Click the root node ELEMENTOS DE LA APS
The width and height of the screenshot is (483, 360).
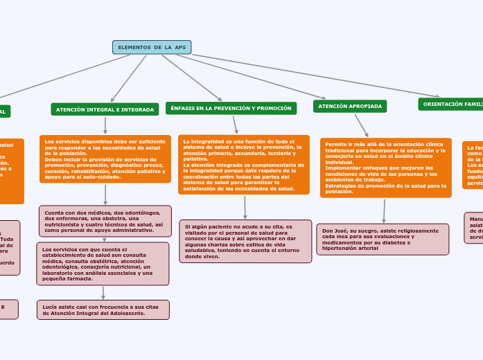click(152, 47)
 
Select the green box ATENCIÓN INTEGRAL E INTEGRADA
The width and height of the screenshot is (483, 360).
click(105, 109)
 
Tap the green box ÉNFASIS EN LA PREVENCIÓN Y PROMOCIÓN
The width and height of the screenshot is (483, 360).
click(231, 108)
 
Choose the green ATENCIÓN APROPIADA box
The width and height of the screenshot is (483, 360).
click(350, 106)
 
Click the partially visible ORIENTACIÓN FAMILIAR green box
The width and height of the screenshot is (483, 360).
click(451, 104)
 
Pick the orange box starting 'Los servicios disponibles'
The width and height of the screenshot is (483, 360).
click(105, 159)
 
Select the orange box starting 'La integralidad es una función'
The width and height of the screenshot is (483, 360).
click(243, 165)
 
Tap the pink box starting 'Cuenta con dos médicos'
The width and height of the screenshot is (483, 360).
click(105, 221)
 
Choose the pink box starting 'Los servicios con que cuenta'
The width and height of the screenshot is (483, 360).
click(103, 263)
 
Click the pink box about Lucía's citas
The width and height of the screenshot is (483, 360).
click(103, 309)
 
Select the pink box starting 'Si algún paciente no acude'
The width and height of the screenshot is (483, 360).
click(245, 241)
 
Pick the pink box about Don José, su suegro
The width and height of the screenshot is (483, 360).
click(382, 239)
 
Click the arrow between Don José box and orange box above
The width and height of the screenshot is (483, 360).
click(384, 210)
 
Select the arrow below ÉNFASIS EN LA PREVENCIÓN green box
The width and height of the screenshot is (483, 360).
click(236, 125)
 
